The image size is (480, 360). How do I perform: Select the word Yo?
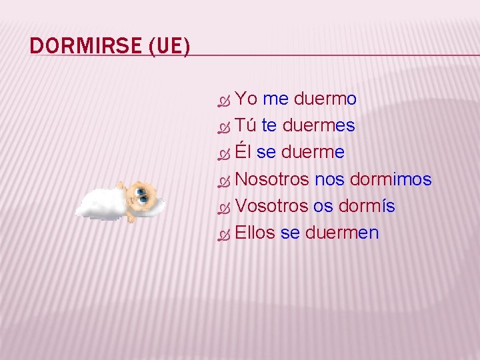[x=247, y=99]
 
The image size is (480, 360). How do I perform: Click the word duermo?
[x=325, y=99]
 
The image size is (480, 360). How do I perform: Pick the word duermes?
[x=319, y=126]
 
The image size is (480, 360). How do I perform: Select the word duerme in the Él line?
[x=313, y=153]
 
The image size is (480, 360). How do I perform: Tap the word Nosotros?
[x=272, y=179]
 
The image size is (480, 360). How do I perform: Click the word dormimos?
[x=391, y=179]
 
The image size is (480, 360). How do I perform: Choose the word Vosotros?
[x=271, y=206]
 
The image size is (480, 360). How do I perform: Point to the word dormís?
[x=367, y=206]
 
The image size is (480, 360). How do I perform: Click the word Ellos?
[x=255, y=233]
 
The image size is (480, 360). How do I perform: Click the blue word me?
[x=275, y=99]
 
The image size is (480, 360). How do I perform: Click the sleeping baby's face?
[x=141, y=195]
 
